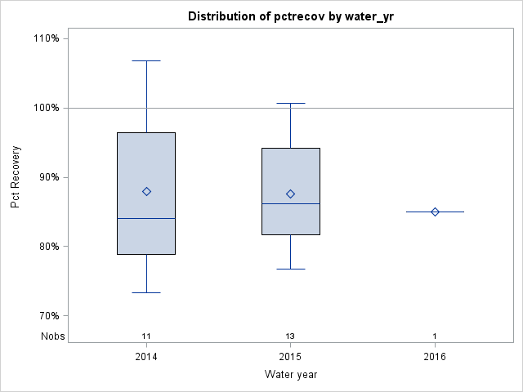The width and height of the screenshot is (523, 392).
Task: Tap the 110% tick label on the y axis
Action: (x=46, y=38)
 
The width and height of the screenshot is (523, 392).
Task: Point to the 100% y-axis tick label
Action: (x=46, y=108)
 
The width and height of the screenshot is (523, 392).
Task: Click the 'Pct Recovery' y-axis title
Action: (x=16, y=177)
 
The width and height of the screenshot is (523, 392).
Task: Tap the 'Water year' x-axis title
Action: (x=290, y=374)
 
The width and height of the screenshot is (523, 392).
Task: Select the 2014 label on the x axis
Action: (x=146, y=357)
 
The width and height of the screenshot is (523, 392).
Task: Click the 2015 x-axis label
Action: (x=290, y=357)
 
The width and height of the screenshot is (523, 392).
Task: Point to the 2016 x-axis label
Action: (x=435, y=357)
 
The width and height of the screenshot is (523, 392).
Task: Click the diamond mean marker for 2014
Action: (x=146, y=191)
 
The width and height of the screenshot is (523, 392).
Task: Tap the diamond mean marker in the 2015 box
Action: (x=290, y=194)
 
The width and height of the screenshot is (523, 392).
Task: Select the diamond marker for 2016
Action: (x=435, y=212)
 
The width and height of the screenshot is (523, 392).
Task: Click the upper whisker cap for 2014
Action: (x=146, y=60)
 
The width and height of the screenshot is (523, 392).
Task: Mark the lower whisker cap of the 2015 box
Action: (x=290, y=269)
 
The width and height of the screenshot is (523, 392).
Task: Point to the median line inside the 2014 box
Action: (x=146, y=218)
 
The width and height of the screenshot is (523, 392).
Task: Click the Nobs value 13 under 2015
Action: (x=290, y=336)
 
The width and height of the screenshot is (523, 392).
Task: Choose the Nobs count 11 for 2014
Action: (x=146, y=336)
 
